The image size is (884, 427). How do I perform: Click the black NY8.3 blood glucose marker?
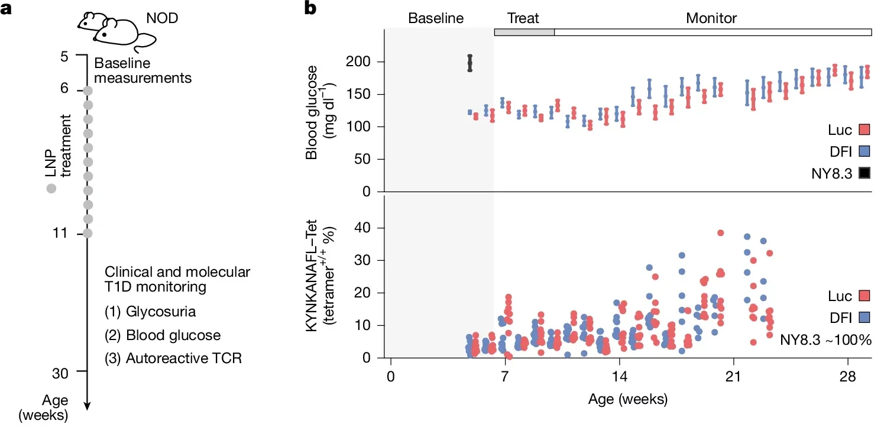(x=469, y=63)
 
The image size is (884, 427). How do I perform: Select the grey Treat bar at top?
(x=524, y=31)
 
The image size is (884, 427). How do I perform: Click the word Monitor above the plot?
(x=711, y=18)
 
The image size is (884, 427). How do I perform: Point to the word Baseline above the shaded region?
(x=436, y=18)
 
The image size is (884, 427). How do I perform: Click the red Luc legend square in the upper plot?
(x=864, y=130)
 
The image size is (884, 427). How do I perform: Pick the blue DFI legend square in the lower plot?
(x=864, y=318)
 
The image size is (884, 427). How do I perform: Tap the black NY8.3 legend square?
(x=864, y=173)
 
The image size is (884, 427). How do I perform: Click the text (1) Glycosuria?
(x=150, y=312)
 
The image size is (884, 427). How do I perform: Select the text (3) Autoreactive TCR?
(x=173, y=358)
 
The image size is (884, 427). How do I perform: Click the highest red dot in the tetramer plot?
(x=720, y=232)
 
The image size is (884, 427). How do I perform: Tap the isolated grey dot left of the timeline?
(x=51, y=189)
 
